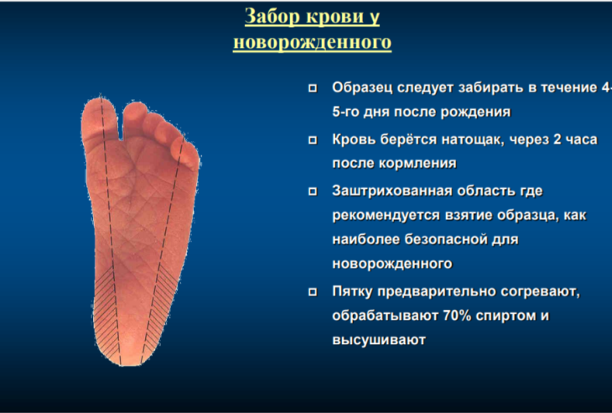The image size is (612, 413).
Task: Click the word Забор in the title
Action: pos(272,17)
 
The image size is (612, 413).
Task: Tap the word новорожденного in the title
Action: pos(312,41)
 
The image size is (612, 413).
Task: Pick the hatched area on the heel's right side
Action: pos(159,309)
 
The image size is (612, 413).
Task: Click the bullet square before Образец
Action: pos(313,88)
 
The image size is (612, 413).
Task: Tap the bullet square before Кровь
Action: pos(313,140)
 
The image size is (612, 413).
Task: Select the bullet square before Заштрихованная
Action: pos(313,191)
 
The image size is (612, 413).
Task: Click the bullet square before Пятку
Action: pos(313,292)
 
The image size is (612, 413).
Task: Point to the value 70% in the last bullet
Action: pos(457,316)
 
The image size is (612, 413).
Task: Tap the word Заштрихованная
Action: pos(392,191)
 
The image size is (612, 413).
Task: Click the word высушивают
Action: pos(379,339)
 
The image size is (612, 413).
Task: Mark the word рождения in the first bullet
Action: pos(475,112)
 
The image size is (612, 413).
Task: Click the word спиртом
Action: pos(506,316)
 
